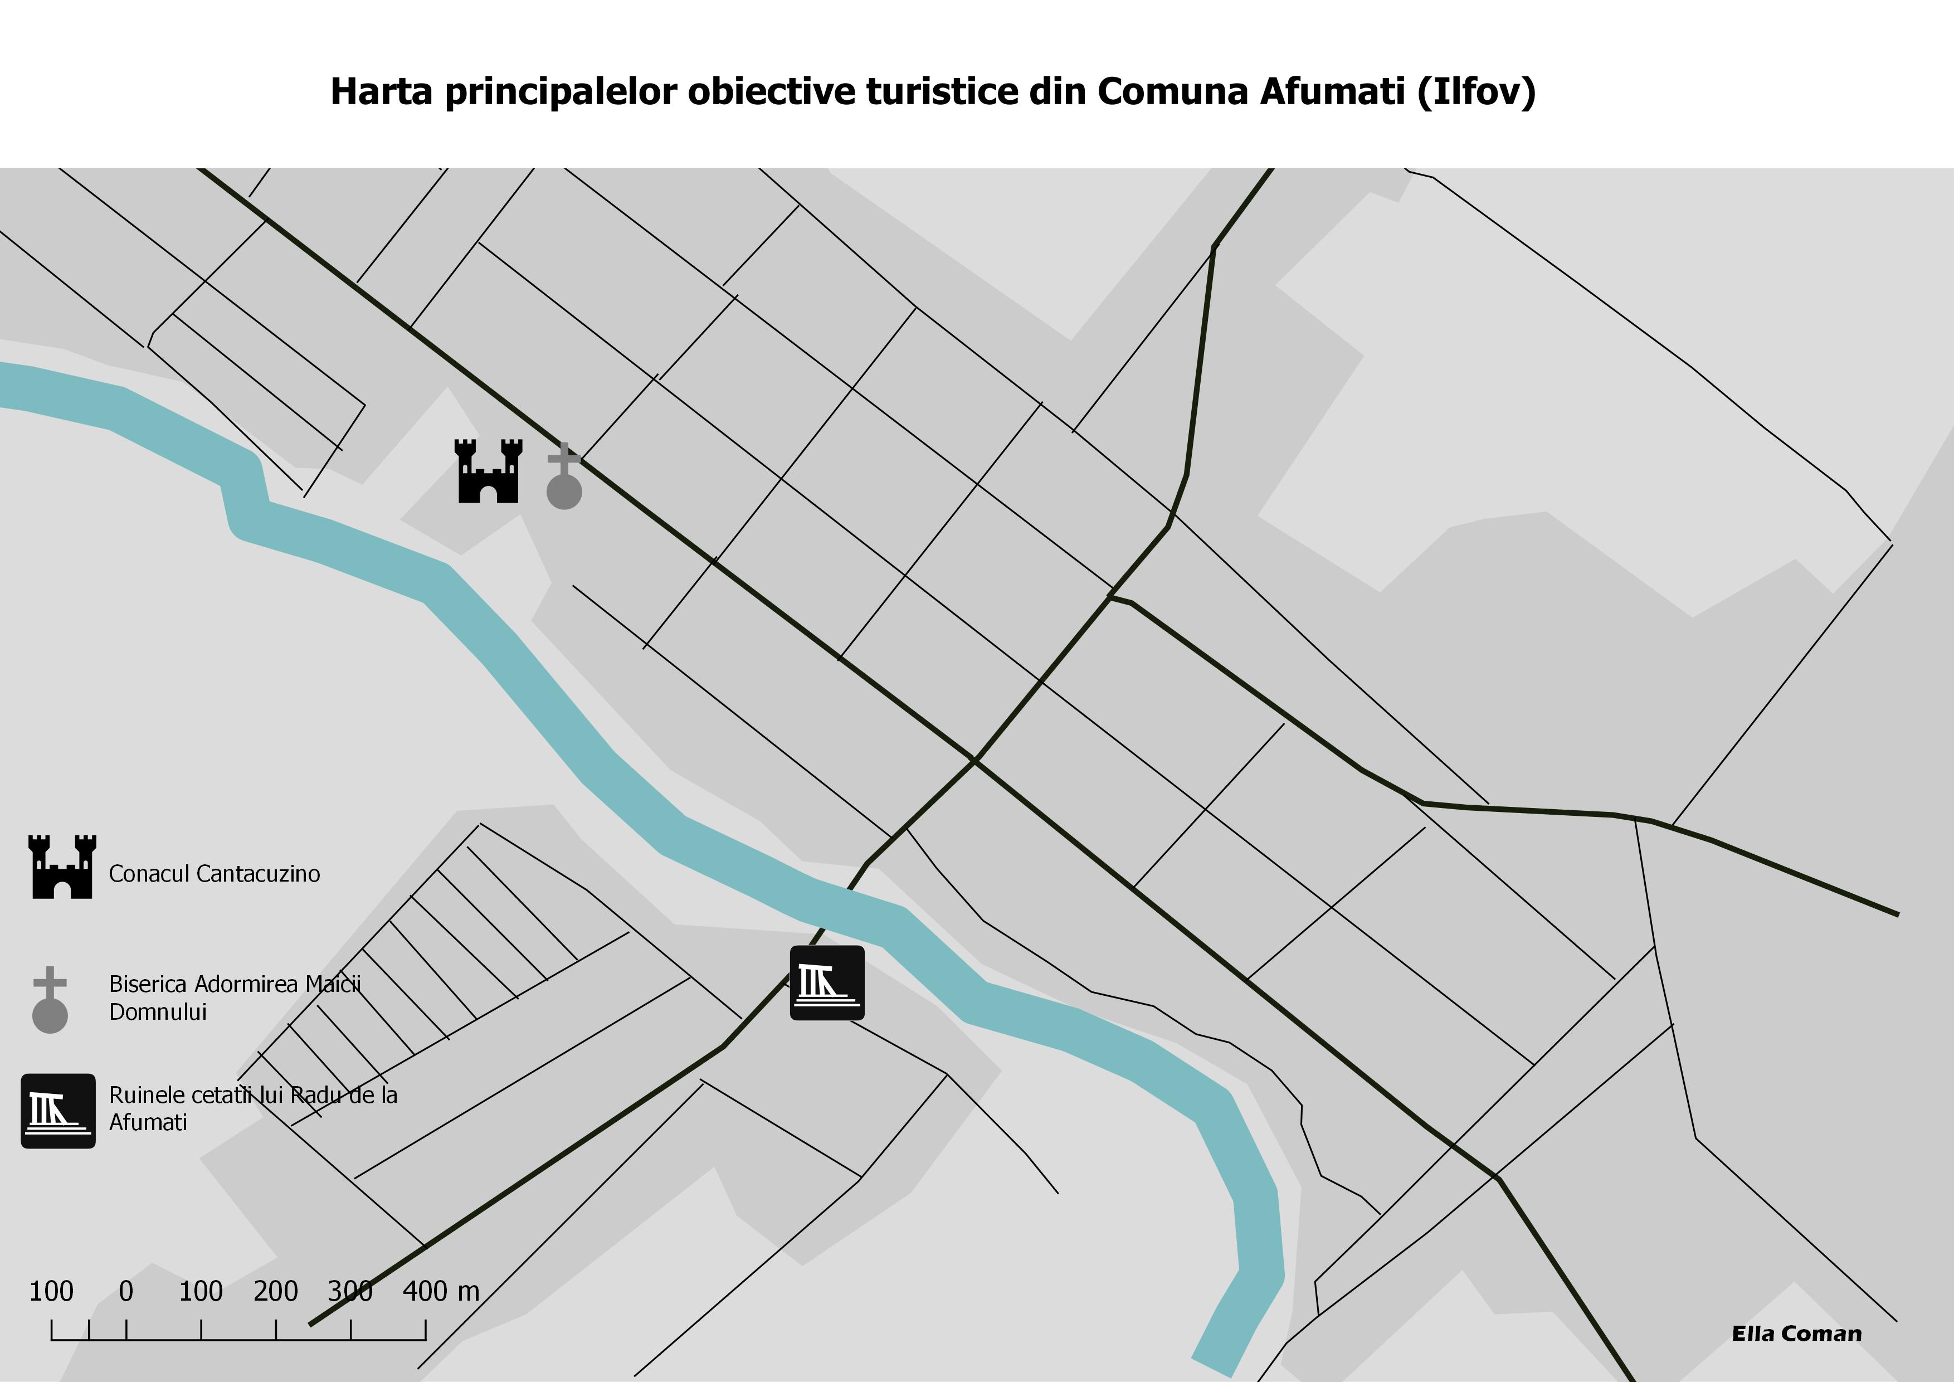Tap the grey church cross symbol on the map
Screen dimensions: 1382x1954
[563, 476]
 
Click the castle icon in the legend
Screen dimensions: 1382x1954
[62, 867]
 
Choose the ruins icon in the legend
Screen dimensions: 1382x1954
[58, 1111]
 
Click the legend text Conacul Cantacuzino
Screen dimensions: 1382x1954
[215, 874]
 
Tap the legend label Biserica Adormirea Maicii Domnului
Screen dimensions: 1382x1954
[235, 997]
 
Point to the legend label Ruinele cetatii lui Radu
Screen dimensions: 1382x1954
[253, 1108]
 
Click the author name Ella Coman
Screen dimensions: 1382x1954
[1796, 1334]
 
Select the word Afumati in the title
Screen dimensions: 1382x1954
[1332, 92]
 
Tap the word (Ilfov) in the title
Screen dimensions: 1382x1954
[1477, 92]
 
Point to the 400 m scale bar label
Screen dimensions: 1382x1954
[441, 1291]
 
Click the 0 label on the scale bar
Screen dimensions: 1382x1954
[126, 1291]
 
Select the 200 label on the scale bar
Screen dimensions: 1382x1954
[276, 1291]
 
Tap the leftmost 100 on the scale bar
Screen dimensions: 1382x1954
[51, 1291]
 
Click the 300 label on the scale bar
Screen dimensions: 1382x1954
[350, 1291]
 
